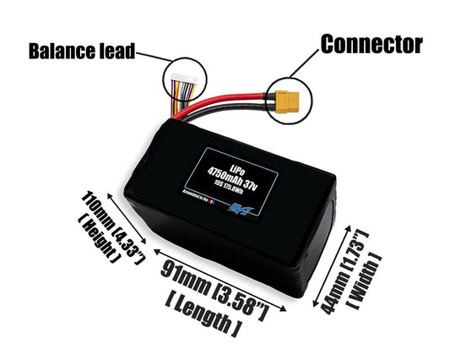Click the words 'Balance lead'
82,52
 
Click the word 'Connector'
371,43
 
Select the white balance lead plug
181,85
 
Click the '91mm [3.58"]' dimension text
214,285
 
